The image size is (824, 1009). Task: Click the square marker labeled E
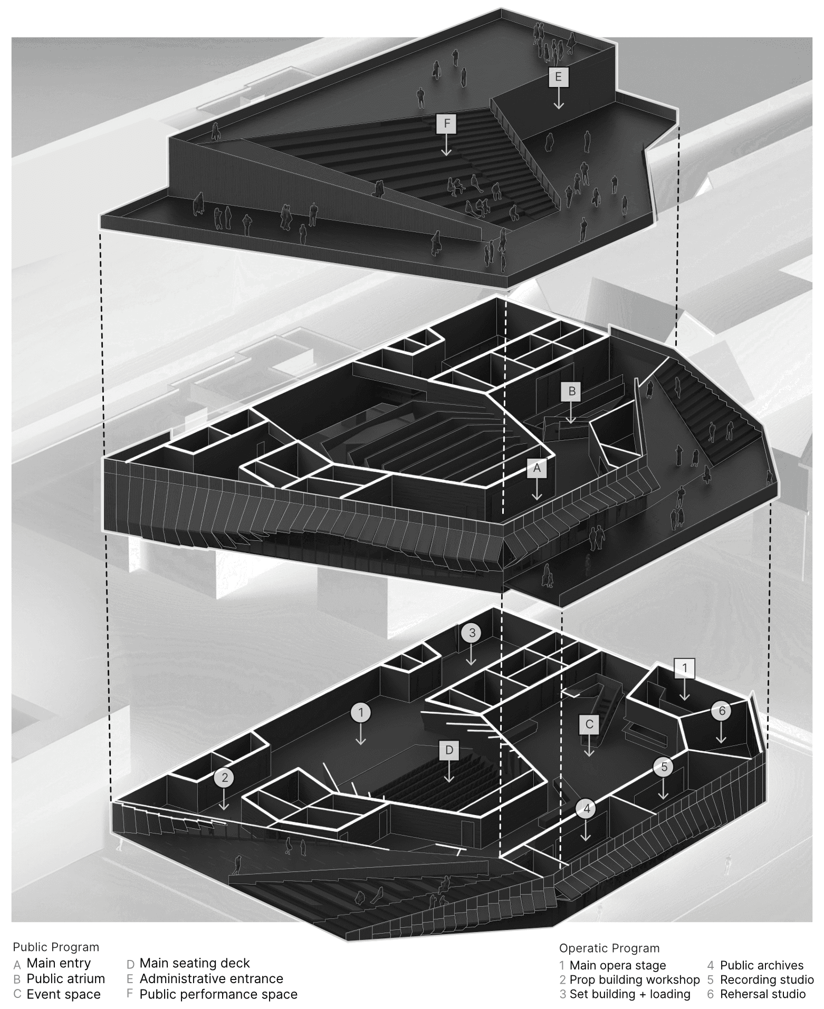coord(558,77)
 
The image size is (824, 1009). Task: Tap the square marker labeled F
coord(446,124)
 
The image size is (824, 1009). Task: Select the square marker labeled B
coord(571,392)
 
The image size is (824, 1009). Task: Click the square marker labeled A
coord(537,468)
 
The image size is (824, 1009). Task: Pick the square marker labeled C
coord(589,724)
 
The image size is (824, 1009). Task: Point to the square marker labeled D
coord(449,750)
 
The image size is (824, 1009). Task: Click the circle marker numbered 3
coord(472,633)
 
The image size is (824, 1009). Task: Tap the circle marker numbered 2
coord(224,777)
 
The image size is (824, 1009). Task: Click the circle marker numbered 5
coord(664,767)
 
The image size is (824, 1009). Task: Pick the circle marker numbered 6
coord(722,711)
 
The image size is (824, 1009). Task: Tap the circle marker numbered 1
coord(361,713)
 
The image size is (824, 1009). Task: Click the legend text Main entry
coord(59,963)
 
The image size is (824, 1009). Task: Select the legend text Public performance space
coord(218,994)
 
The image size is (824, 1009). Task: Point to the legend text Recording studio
coord(766,979)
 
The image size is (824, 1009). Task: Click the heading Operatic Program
coord(609,948)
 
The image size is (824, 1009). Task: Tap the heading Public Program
coord(56,947)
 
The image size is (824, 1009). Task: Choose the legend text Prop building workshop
coord(634,979)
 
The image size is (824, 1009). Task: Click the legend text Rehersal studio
coord(762,994)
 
